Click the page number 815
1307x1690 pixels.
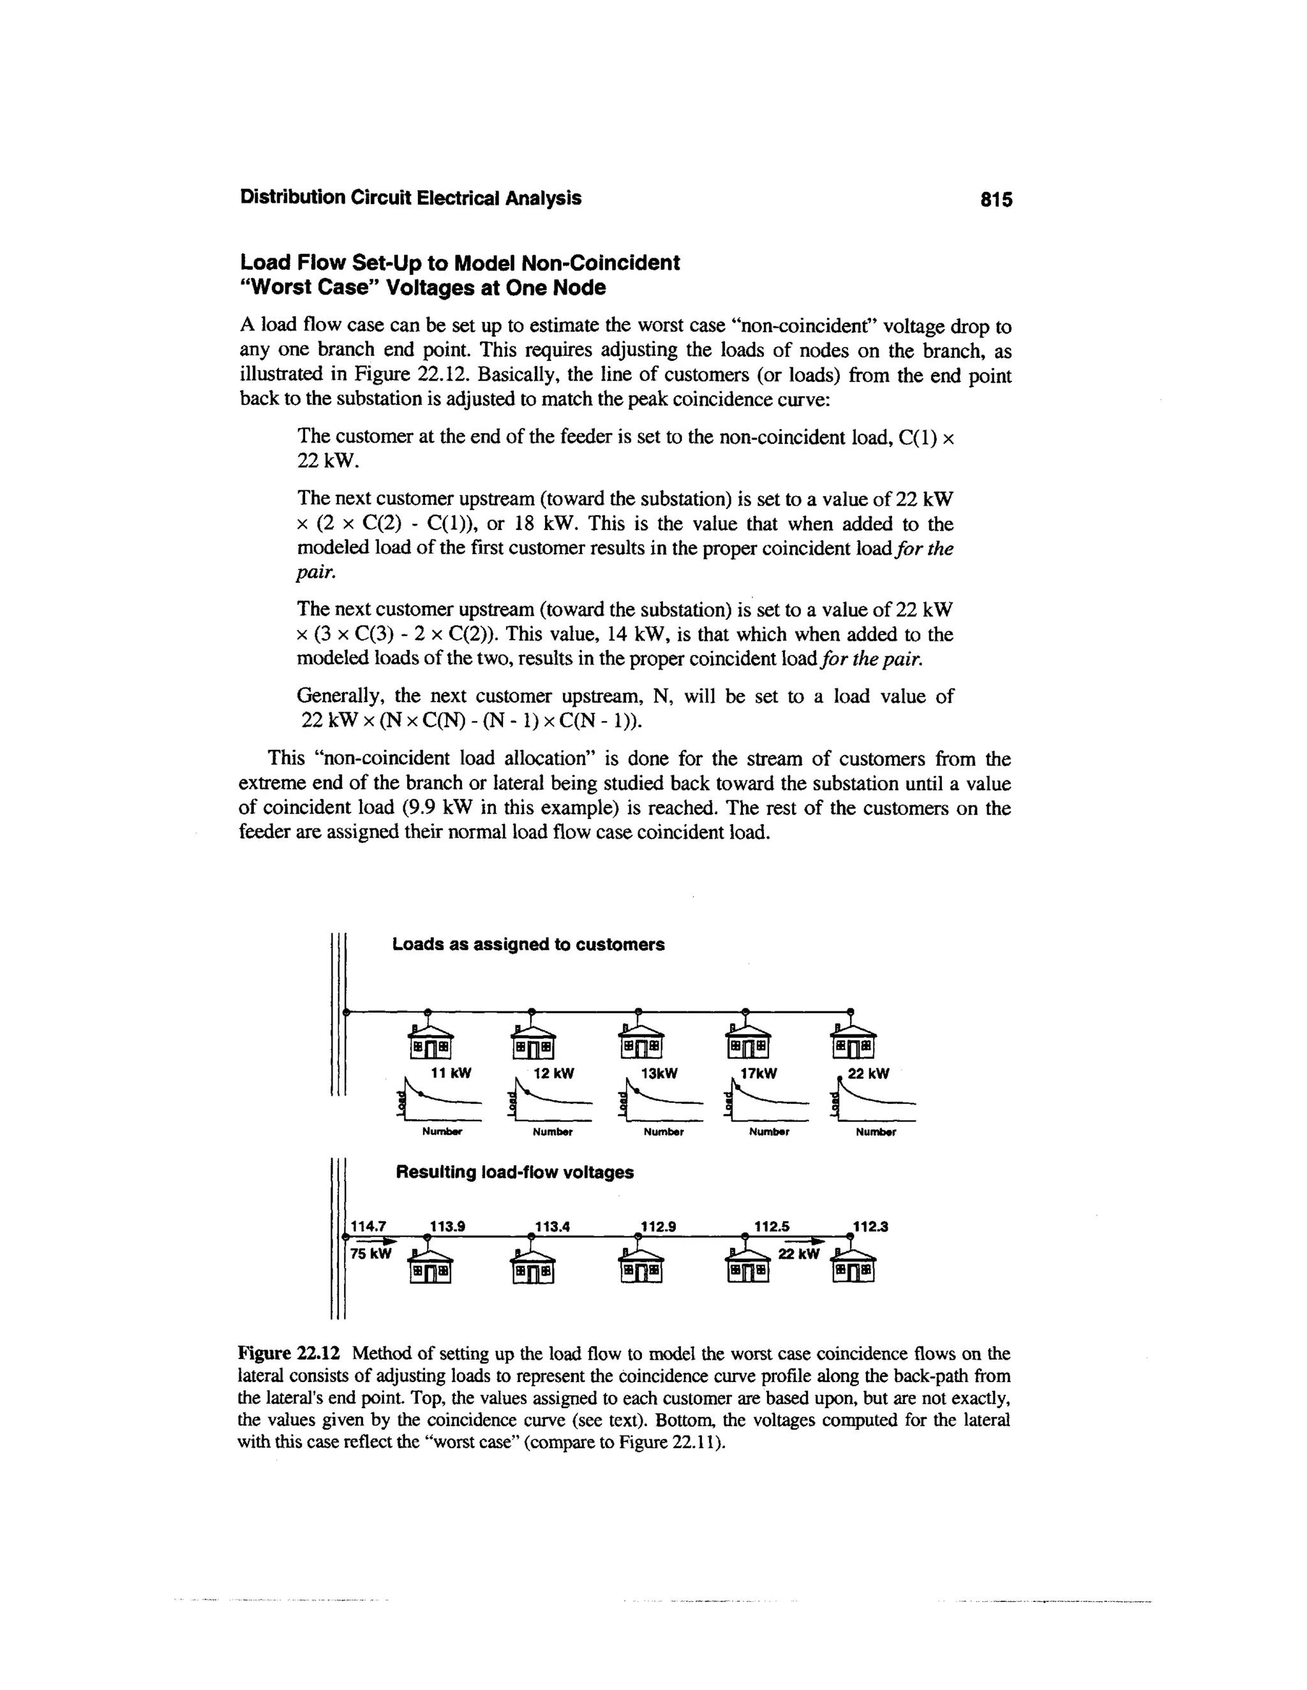[996, 200]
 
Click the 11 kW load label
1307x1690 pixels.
[451, 1073]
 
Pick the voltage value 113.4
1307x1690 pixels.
[552, 1226]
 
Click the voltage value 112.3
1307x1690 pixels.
[870, 1226]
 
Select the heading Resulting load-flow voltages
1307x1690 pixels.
[514, 1172]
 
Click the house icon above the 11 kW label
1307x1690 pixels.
[431, 1040]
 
